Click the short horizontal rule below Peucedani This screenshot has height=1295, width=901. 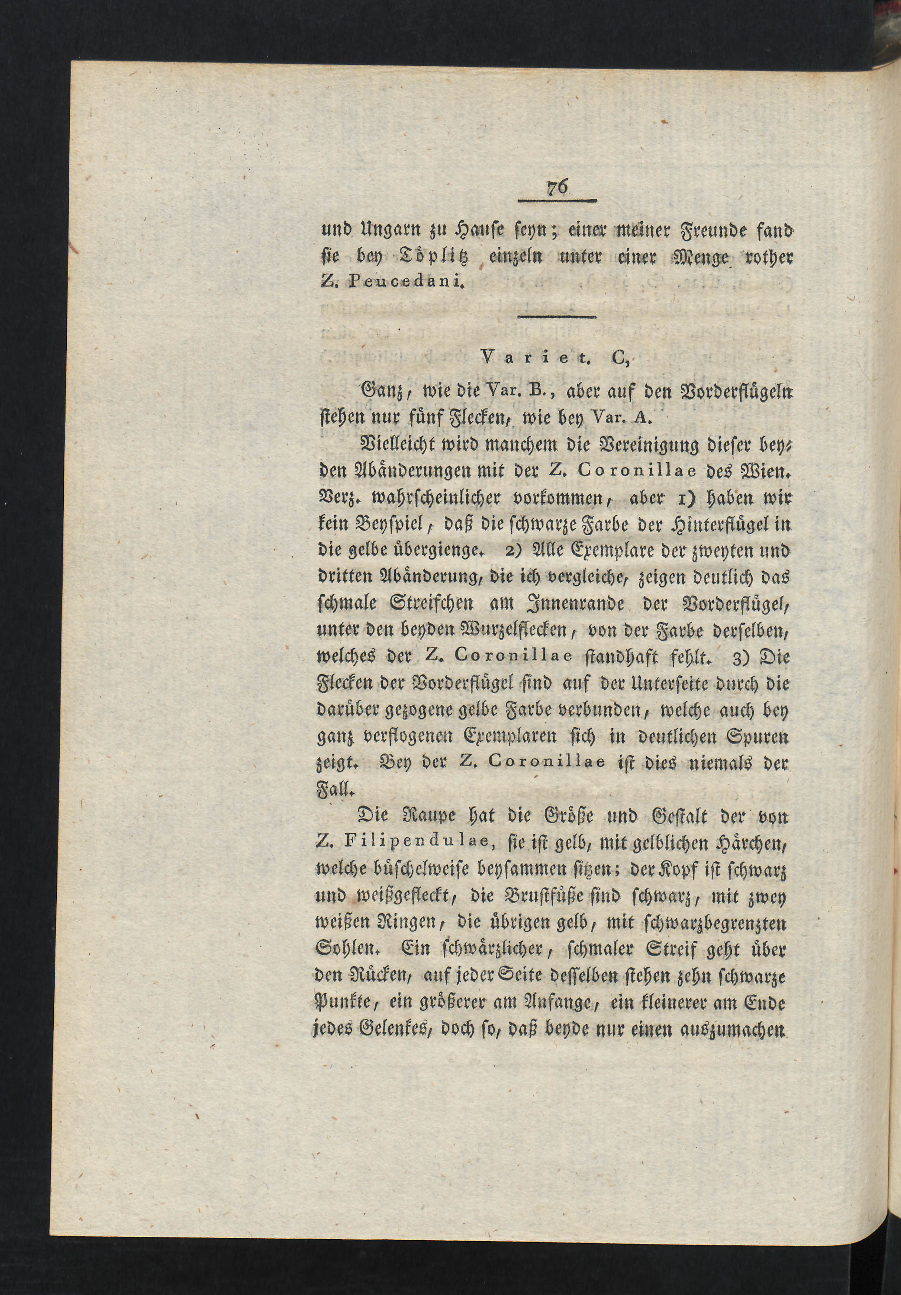pos(557,317)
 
